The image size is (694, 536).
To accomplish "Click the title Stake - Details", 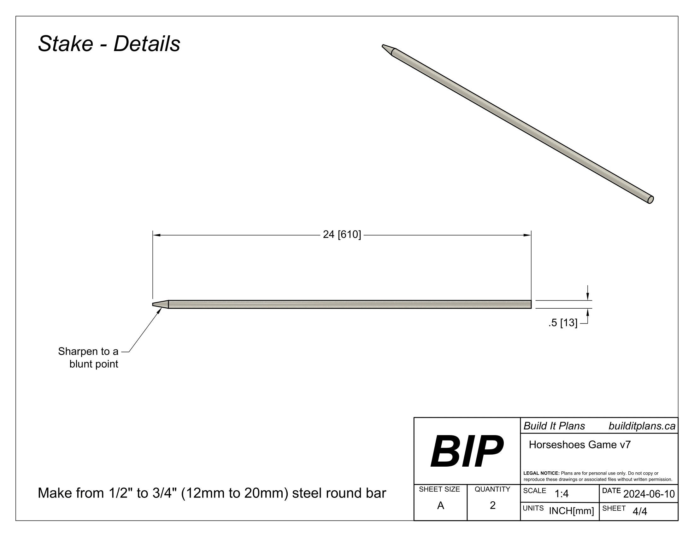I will [x=109, y=44].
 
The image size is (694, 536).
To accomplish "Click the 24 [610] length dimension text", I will [x=342, y=235].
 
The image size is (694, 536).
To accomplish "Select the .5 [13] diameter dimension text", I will [x=562, y=323].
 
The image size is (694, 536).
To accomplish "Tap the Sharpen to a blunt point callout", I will [x=88, y=358].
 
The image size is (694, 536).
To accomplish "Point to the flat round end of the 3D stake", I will [x=650, y=200].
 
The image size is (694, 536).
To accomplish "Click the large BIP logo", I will [x=467, y=451].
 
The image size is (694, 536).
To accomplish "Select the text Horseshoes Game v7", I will [x=579, y=445].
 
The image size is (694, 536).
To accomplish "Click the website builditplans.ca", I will [x=642, y=426].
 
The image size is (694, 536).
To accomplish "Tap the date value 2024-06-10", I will [x=649, y=494].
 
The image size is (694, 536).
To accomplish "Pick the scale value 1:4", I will [x=562, y=494].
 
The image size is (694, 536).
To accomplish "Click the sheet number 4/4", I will [x=640, y=511].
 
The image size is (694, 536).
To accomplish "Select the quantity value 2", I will [x=492, y=505].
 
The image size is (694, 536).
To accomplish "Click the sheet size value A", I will [x=440, y=505].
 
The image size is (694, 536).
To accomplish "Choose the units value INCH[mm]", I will [x=571, y=511].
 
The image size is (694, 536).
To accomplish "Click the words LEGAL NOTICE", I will [x=541, y=473].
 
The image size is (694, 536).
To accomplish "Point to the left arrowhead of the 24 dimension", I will [x=156, y=235].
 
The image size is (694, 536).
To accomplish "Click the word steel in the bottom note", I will [x=306, y=493].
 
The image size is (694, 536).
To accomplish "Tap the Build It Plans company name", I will [x=554, y=426].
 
